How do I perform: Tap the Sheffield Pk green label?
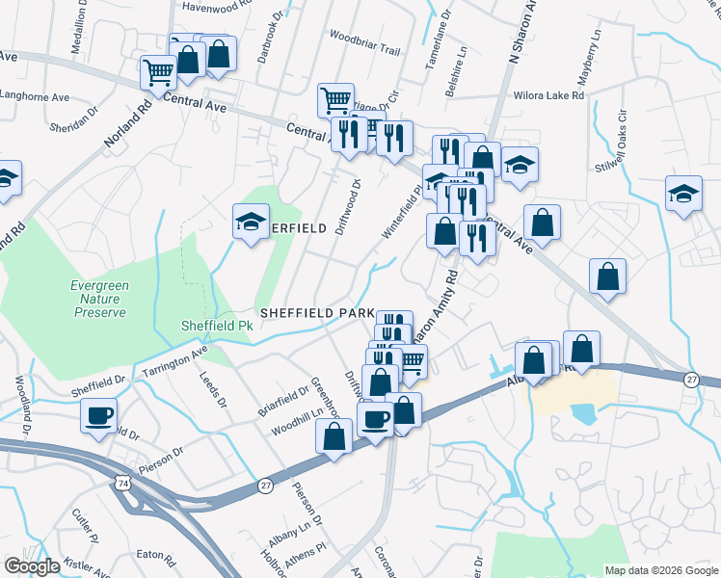tap(217, 326)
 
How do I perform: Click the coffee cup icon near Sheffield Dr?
tap(99, 417)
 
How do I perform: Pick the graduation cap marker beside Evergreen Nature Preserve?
tap(251, 223)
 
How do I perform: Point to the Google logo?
tap(32, 566)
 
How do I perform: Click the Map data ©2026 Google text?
tap(661, 570)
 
